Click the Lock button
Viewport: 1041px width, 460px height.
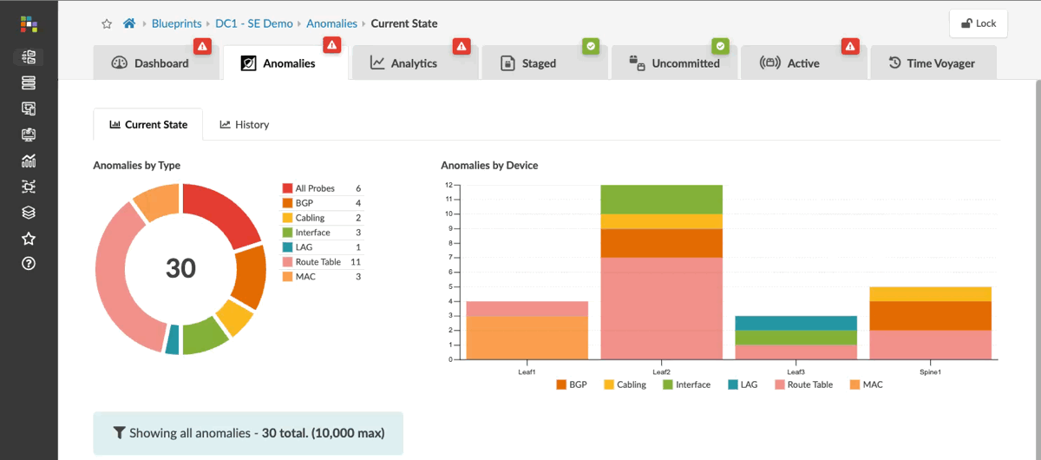(x=978, y=23)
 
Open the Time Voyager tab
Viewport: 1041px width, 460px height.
(x=932, y=63)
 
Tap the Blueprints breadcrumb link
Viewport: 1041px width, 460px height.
(x=178, y=23)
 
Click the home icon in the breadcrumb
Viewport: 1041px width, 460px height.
(x=129, y=23)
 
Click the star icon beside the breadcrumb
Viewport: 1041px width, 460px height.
(x=107, y=23)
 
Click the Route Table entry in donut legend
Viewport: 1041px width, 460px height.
(x=318, y=262)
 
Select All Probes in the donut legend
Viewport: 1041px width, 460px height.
(x=316, y=188)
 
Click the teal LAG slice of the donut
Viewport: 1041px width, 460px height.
(x=172, y=338)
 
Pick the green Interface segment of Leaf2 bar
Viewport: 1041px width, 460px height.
(x=661, y=199)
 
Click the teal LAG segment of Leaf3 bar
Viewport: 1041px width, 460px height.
(x=795, y=323)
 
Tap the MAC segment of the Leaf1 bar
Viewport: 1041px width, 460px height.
(x=527, y=337)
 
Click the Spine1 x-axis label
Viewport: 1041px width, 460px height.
(x=930, y=371)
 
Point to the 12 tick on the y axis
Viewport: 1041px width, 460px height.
(x=448, y=185)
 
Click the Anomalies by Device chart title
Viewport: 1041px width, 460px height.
(x=489, y=165)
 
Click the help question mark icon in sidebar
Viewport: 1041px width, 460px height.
(x=29, y=264)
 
